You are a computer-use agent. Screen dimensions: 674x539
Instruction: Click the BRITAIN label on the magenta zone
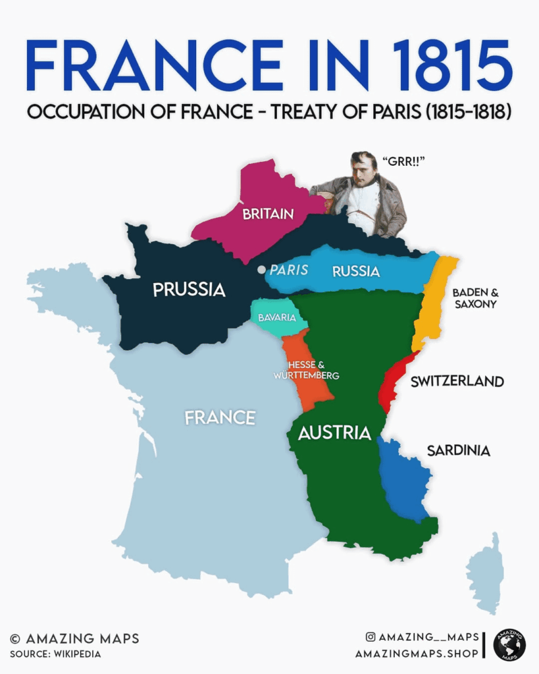268,214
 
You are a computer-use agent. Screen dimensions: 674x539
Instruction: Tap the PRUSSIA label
189,290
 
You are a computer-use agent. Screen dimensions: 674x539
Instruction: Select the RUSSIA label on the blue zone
356,271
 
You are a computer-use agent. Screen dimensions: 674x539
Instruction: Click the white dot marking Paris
262,270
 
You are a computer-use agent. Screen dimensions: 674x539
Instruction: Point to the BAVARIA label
276,318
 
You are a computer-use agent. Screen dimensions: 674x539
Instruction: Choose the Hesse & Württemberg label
307,370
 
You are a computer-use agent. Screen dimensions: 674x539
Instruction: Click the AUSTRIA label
334,433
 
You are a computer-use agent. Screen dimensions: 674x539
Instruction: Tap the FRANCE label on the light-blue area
220,418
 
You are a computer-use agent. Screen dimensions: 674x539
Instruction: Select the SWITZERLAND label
457,382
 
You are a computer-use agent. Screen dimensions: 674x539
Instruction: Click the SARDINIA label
458,451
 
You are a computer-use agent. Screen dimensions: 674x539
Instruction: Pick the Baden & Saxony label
474,298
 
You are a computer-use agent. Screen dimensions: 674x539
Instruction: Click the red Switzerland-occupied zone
392,385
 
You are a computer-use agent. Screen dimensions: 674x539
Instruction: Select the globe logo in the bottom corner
509,644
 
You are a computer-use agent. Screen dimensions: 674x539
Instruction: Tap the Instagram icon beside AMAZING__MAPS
371,637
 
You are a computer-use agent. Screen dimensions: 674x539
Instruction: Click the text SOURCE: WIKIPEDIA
55,654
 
